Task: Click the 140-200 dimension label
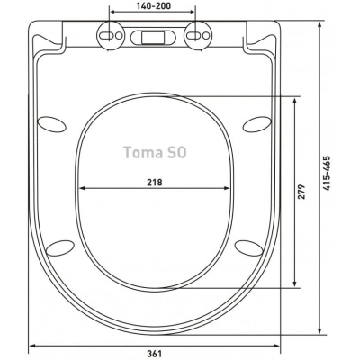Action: point(154,5)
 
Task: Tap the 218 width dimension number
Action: point(155,182)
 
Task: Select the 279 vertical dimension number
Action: point(301,192)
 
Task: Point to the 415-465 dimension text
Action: point(326,173)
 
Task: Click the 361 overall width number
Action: point(154,354)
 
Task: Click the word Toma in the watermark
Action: point(141,152)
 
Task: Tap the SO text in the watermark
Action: point(175,152)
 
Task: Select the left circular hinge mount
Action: point(111,35)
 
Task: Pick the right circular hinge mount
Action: point(197,35)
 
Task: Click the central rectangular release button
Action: point(153,38)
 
